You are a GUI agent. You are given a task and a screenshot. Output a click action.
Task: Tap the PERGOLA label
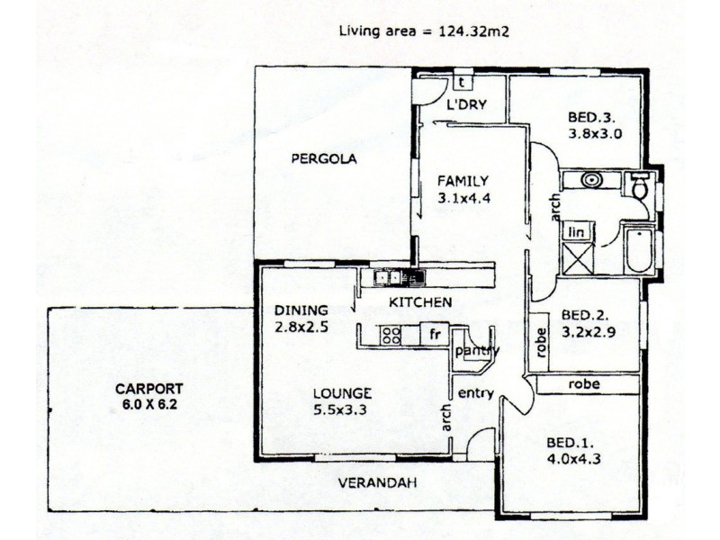pyautogui.click(x=324, y=159)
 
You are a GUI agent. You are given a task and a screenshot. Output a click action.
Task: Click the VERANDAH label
pyautogui.click(x=377, y=483)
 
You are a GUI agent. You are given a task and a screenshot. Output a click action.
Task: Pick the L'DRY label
pyautogui.click(x=466, y=105)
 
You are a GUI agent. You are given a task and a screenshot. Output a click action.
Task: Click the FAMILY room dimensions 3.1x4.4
pyautogui.click(x=463, y=199)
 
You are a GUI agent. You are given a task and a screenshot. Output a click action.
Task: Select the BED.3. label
pyautogui.click(x=591, y=117)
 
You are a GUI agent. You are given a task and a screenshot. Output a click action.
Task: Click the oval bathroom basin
pyautogui.click(x=591, y=180)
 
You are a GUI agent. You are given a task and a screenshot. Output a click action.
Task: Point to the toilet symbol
pyautogui.click(x=641, y=186)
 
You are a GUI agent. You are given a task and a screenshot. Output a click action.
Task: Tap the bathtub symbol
pyautogui.click(x=638, y=250)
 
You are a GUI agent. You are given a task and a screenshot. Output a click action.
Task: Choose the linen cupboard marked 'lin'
pyautogui.click(x=575, y=233)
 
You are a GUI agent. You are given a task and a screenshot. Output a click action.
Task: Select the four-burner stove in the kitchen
pyautogui.click(x=391, y=336)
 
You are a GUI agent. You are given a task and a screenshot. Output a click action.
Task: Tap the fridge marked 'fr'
pyautogui.click(x=435, y=335)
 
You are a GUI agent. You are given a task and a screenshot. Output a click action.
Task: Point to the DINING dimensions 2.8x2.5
pyautogui.click(x=301, y=328)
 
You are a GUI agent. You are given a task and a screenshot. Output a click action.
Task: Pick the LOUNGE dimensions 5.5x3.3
pyautogui.click(x=342, y=409)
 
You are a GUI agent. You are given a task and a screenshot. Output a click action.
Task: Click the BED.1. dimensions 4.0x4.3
pyautogui.click(x=572, y=459)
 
